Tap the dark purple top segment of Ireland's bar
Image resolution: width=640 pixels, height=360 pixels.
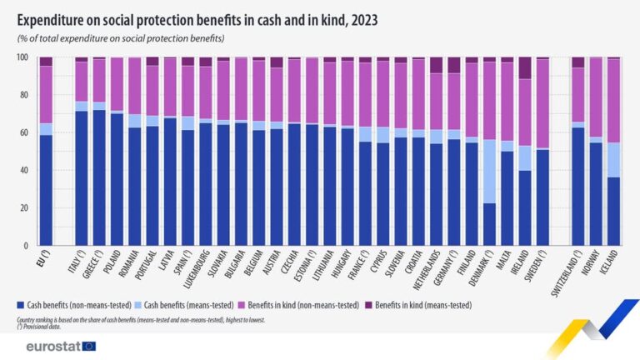(x=524, y=67)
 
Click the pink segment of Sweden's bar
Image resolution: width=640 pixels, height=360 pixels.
(x=542, y=103)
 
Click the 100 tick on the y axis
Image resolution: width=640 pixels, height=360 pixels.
(x=22, y=57)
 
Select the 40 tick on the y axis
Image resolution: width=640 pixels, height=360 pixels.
(x=24, y=170)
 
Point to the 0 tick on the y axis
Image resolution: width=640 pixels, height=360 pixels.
(x=27, y=246)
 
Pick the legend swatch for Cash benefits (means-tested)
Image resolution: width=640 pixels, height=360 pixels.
(x=137, y=307)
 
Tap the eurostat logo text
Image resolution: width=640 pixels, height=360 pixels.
(x=52, y=346)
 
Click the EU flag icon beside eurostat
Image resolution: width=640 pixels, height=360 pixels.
(x=89, y=346)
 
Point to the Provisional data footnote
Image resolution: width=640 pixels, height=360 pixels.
(x=42, y=325)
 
